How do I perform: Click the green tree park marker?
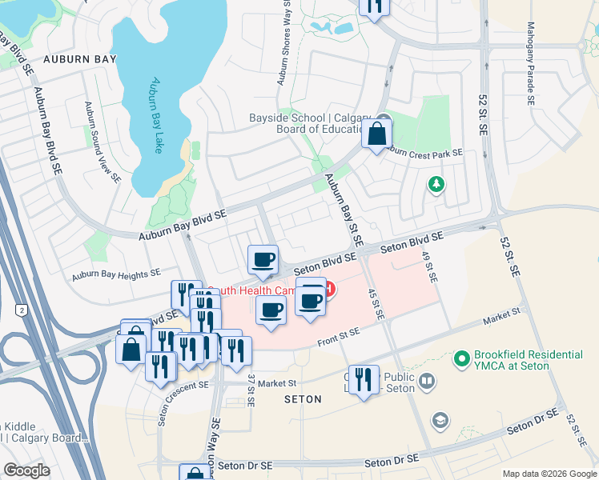pyautogui.click(x=436, y=185)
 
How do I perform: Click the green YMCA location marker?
pyautogui.click(x=461, y=360)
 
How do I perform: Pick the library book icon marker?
pyautogui.click(x=428, y=381)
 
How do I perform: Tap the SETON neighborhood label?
pyautogui.click(x=302, y=398)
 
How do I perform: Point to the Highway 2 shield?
pyautogui.click(x=21, y=309)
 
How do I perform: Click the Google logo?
pyautogui.click(x=26, y=470)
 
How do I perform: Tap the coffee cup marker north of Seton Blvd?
pyautogui.click(x=263, y=260)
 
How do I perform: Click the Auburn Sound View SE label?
pyautogui.click(x=103, y=142)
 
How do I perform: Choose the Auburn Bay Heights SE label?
pyautogui.click(x=115, y=274)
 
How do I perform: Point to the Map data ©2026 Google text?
pyautogui.click(x=549, y=474)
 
